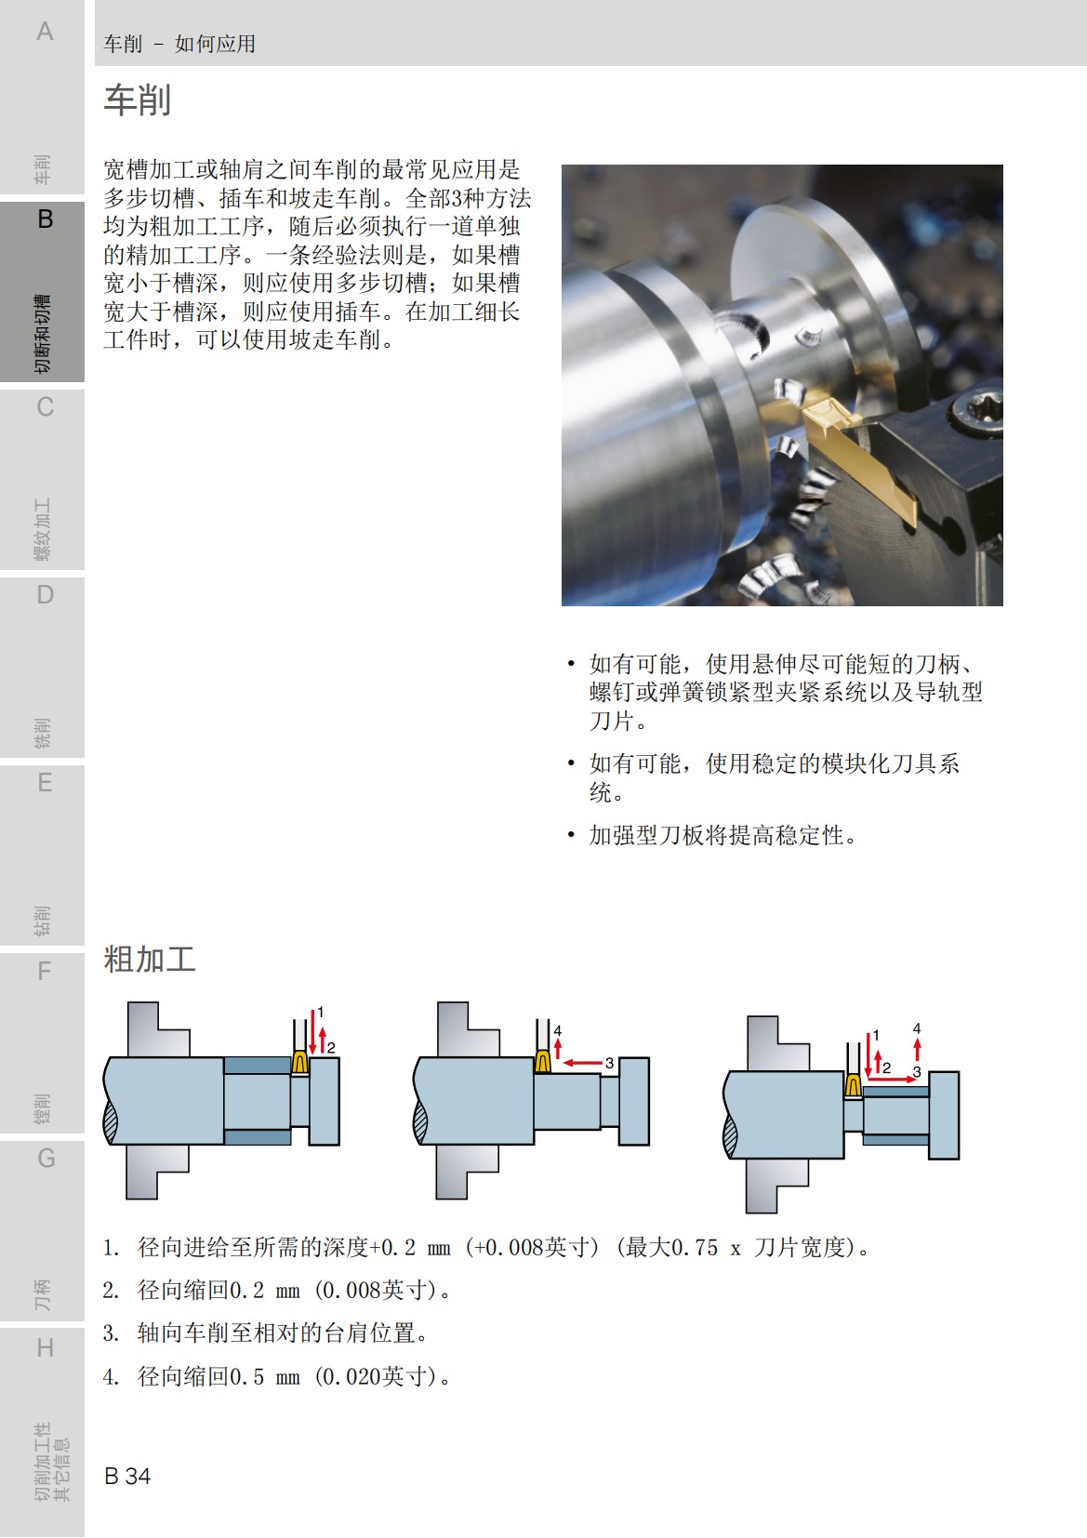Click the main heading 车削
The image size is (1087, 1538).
coord(137,100)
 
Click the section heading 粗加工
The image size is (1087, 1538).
coord(149,959)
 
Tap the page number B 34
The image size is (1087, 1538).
coord(127,1476)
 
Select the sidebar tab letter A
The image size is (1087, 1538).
coord(45,32)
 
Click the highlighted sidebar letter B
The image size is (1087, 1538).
coord(45,219)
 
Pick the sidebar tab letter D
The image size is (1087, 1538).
coord(45,595)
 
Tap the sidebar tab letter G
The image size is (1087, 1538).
coord(46,1159)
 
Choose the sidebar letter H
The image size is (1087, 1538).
coord(45,1347)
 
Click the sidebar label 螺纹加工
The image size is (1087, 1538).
coord(43,530)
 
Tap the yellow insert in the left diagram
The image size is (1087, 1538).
coord(300,1063)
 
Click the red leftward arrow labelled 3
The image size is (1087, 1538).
coord(583,1062)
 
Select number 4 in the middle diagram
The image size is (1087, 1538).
coord(558,1030)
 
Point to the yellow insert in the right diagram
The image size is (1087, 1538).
coord(853,1085)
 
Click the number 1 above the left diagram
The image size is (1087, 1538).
coord(321,1012)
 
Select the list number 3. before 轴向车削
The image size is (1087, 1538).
coord(111,1333)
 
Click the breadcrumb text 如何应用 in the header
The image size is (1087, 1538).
coord(215,44)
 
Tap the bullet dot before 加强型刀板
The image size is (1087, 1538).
coord(571,835)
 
